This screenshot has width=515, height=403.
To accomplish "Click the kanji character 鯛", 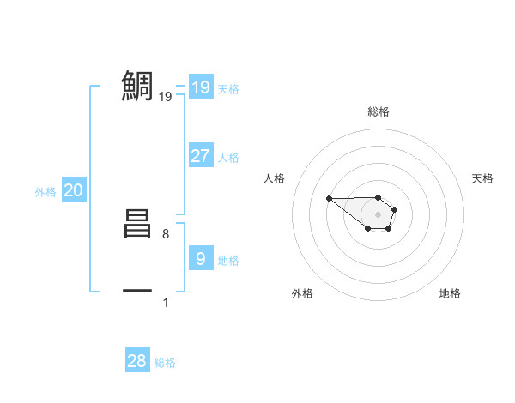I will (137, 86).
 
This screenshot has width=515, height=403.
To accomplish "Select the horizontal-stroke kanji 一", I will (137, 292).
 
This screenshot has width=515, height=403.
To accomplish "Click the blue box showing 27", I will (200, 156).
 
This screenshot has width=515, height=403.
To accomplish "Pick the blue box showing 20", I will (73, 191).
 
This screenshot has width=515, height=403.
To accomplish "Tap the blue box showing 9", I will (200, 259).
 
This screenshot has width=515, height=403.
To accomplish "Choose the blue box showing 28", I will (136, 361).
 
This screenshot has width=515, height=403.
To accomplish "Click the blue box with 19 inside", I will (200, 87).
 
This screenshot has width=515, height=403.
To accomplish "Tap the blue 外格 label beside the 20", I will (45, 193).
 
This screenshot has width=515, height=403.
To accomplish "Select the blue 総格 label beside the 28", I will (165, 363).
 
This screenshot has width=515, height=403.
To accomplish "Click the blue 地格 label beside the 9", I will (228, 261).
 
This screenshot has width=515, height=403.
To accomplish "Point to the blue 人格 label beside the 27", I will (228, 158).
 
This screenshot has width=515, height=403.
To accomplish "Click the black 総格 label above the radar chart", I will (378, 111).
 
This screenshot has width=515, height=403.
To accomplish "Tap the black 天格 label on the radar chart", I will (482, 178).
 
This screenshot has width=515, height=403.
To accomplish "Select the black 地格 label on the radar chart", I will (450, 293).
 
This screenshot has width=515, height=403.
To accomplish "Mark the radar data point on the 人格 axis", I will (330, 199).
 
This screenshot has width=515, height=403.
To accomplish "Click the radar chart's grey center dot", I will (378, 214).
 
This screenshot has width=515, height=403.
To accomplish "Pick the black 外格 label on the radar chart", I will (302, 293).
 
